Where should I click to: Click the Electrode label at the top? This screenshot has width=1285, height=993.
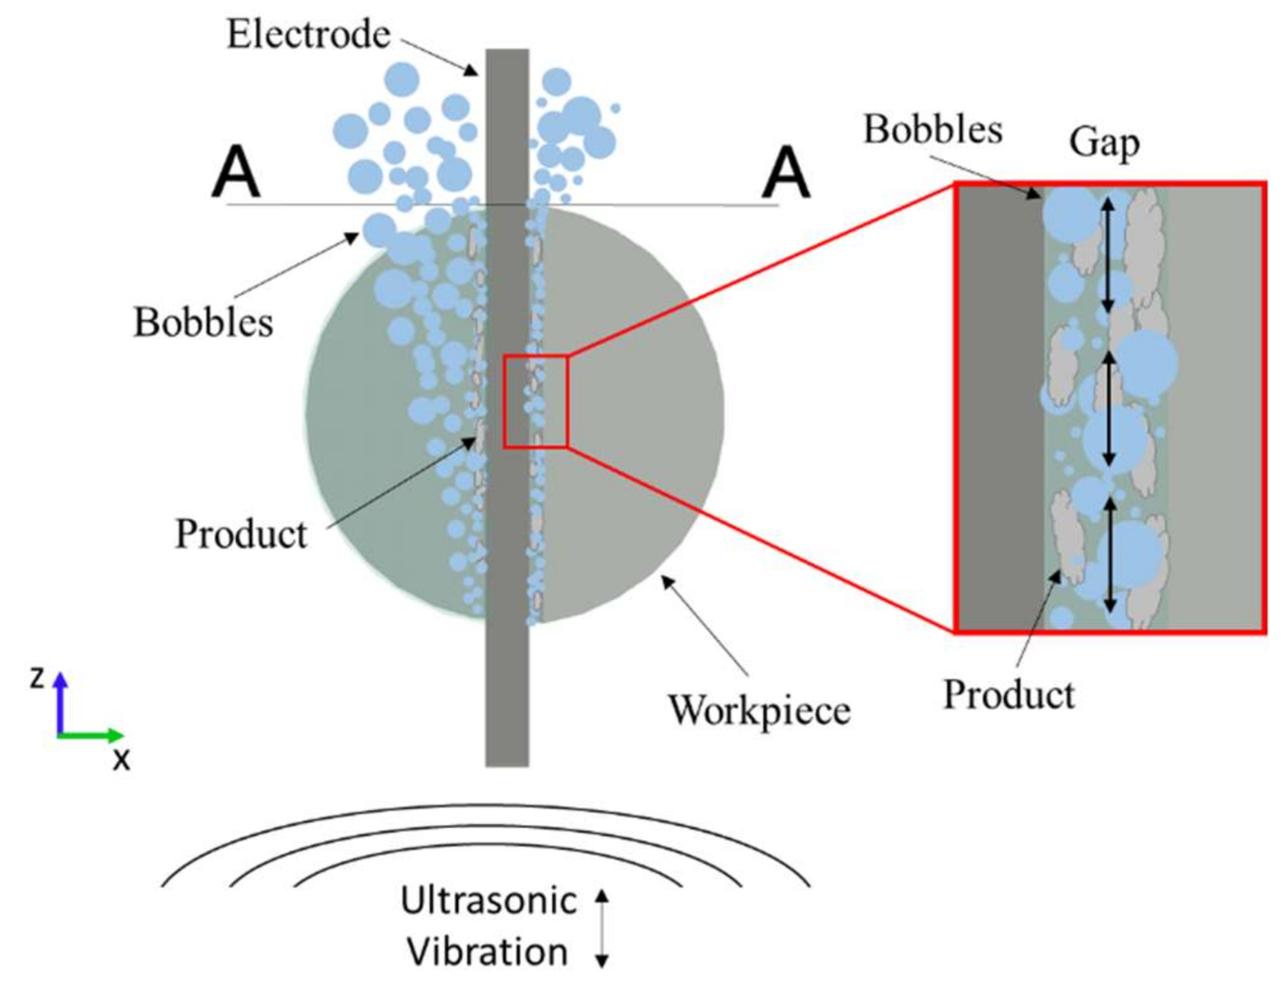tap(308, 34)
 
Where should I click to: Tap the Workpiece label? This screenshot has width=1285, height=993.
tap(759, 711)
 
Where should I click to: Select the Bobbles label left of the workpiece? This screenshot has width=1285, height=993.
tap(203, 323)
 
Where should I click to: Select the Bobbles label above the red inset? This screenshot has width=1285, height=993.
tap(932, 130)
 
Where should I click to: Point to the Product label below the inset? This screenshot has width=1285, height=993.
tap(1008, 695)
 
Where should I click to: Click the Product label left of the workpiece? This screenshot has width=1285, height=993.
tap(241, 534)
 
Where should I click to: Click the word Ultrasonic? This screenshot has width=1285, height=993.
tap(488, 901)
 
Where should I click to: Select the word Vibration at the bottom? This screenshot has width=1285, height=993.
tap(487, 952)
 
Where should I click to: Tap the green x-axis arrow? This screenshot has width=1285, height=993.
tap(91, 735)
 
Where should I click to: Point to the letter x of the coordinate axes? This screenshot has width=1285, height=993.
tap(121, 760)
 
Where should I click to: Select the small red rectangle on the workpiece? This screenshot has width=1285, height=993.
tap(535, 402)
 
